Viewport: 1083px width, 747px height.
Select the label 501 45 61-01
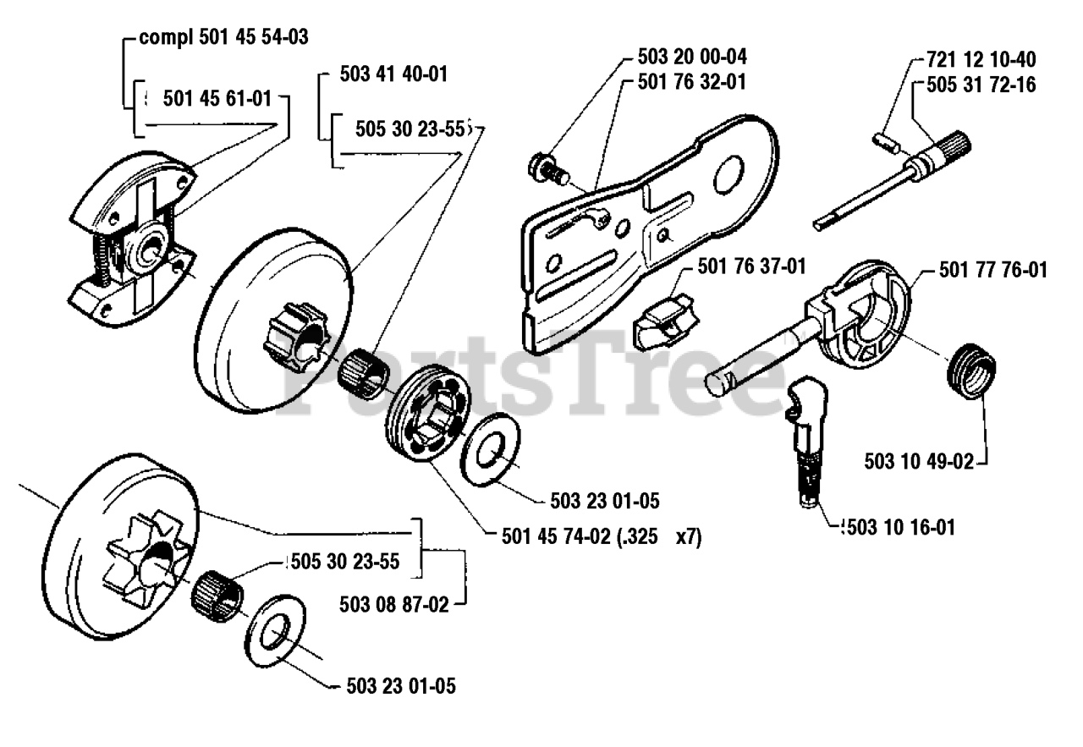(217, 99)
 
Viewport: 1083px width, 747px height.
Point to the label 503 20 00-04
(692, 58)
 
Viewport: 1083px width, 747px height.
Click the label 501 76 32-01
(692, 82)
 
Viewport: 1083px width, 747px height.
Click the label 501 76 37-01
(750, 267)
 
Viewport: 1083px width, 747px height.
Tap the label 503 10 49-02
(919, 462)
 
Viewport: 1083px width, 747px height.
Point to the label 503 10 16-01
(899, 528)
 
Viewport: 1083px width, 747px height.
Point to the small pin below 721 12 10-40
(886, 140)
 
